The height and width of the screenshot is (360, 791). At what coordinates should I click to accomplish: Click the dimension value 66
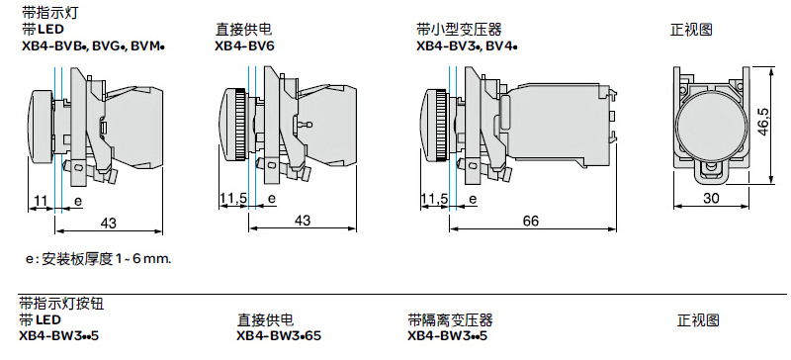coord(531,221)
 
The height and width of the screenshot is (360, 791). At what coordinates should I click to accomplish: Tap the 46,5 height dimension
coord(763,121)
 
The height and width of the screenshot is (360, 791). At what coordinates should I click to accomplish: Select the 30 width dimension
coord(711,199)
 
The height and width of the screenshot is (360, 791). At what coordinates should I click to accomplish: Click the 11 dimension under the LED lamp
coord(40,201)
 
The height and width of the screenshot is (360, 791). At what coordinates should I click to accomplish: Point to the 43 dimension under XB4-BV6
coord(303,221)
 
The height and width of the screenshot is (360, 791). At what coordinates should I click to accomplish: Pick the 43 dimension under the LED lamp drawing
coord(108,223)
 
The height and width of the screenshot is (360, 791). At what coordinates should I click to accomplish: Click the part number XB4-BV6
coord(244,45)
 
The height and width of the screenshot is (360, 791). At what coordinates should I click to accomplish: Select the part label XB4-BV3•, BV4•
coord(467,45)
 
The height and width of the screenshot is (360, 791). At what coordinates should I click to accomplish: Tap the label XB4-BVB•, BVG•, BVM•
coord(94,45)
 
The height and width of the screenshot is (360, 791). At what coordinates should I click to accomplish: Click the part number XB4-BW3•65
coord(279,335)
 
